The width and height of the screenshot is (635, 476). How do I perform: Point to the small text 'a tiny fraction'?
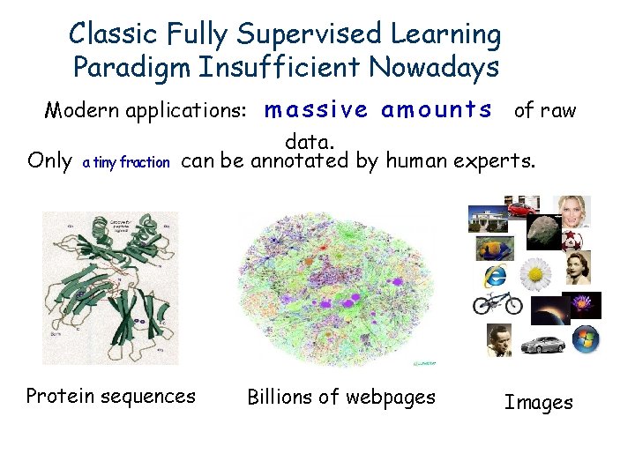(125, 162)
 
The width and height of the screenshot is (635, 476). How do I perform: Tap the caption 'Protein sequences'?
(111, 397)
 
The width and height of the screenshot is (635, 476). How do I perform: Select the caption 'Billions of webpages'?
(341, 398)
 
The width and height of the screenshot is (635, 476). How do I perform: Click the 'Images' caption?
(538, 403)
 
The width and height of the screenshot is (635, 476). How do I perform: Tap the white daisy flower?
(535, 275)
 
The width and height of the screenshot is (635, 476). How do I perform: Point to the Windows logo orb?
(585, 338)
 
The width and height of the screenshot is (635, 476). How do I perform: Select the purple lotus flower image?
(583, 305)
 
